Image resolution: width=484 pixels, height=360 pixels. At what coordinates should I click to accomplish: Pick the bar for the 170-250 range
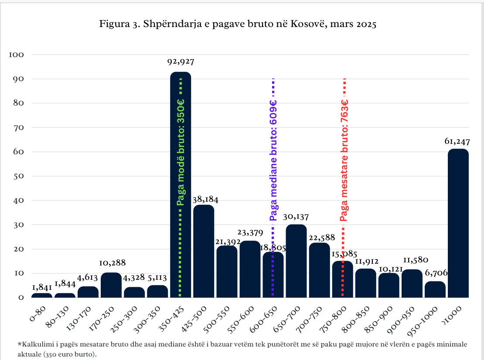click(x=111, y=285)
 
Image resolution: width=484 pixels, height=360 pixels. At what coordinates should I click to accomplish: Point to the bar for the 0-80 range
click(x=42, y=295)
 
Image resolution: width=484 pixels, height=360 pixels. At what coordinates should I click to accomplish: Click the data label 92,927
click(x=181, y=62)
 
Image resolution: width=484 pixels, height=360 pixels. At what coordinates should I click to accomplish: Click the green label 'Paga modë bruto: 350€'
click(x=181, y=152)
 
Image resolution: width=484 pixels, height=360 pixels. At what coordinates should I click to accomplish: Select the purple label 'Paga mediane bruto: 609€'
click(x=273, y=160)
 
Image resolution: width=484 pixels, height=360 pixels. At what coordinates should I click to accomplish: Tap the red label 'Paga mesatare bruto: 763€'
click(x=344, y=160)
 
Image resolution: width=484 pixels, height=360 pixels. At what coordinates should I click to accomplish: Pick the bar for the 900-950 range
click(x=412, y=283)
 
